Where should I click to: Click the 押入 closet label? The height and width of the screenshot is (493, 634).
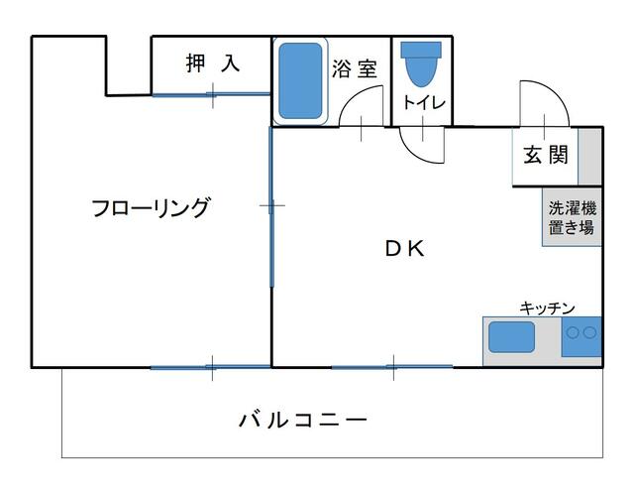(x=212, y=64)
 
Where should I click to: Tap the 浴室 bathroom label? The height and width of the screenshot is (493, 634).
(x=355, y=68)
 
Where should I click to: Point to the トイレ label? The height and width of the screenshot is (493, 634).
(x=423, y=102)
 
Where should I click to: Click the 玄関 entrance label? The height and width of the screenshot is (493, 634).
(x=545, y=155)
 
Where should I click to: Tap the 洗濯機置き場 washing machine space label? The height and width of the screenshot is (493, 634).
(x=572, y=218)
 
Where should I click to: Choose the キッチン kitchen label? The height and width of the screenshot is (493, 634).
(x=547, y=308)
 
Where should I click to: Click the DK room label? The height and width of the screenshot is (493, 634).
(x=404, y=250)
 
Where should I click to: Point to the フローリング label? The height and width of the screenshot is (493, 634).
(x=151, y=208)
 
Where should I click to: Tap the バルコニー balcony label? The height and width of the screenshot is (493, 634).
(x=303, y=420)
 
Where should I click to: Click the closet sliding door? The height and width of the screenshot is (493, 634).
(x=211, y=94)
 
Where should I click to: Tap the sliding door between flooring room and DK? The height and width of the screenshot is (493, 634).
(x=271, y=206)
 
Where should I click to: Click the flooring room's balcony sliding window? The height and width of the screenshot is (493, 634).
(x=210, y=367)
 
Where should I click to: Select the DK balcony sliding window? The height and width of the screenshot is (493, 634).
(x=392, y=367)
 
